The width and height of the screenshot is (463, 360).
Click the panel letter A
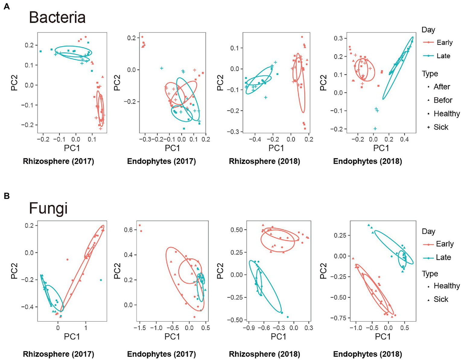click(x=6, y=6)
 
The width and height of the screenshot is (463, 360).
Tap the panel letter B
click(x=6, y=196)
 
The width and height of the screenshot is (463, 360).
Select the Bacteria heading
click(x=57, y=18)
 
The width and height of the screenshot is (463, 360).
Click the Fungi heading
click(x=48, y=208)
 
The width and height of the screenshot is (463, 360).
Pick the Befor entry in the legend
click(x=443, y=100)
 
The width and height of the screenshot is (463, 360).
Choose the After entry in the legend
click(x=442, y=87)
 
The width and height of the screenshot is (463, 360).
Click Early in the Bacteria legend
click(x=445, y=43)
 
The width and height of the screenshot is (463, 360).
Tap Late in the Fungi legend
click(x=443, y=257)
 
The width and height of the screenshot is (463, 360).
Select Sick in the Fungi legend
click(x=441, y=299)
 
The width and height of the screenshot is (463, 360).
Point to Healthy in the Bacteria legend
click(x=446, y=114)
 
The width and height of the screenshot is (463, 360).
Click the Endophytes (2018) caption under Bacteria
click(x=367, y=161)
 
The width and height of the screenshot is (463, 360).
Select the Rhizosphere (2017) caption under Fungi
click(x=59, y=354)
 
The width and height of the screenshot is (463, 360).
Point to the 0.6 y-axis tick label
click(x=129, y=230)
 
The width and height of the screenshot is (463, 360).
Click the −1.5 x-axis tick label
click(x=139, y=328)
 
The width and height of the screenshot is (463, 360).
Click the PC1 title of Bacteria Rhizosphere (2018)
click(x=276, y=148)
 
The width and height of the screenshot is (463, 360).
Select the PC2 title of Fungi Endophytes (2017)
click(x=117, y=271)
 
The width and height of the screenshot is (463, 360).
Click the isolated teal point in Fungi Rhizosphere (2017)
click(x=101, y=280)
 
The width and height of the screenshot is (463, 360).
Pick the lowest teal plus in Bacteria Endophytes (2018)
click(x=375, y=129)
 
